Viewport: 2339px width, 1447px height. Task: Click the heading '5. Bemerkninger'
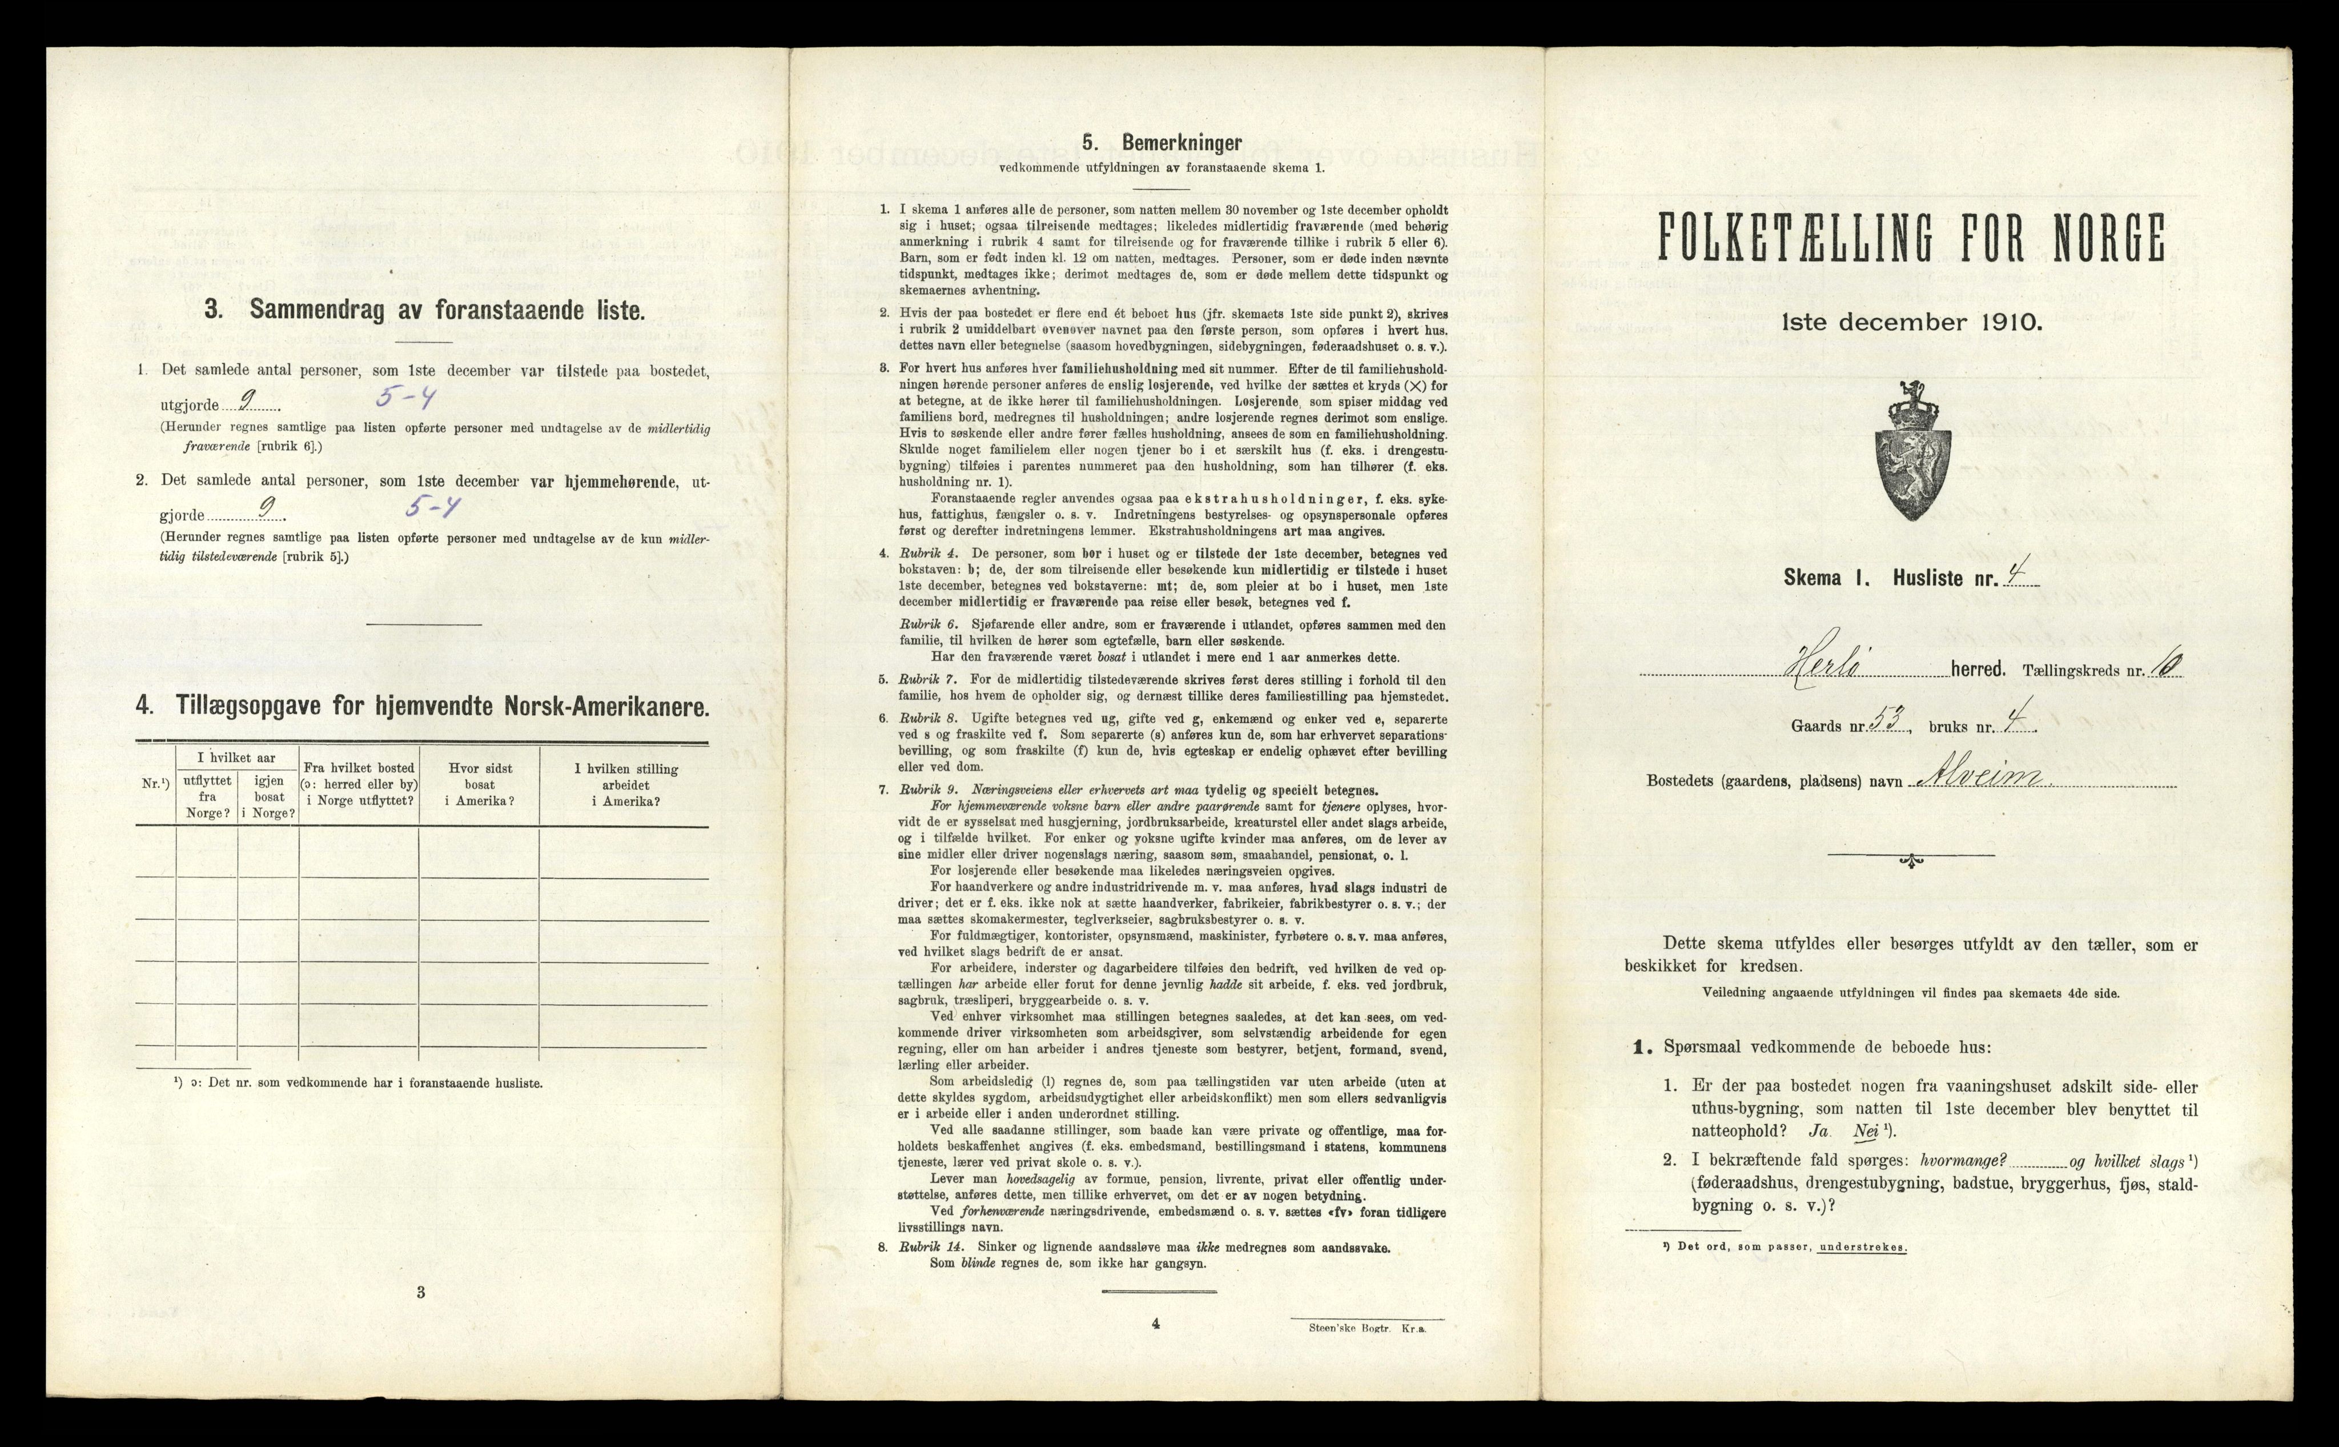click(x=1162, y=143)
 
